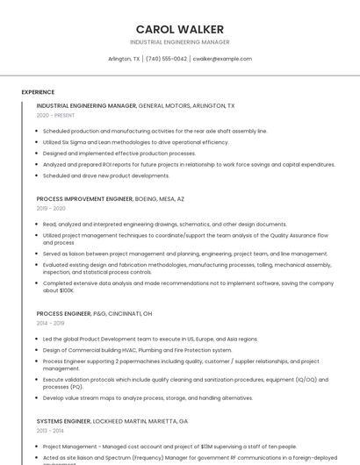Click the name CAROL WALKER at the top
point(180,29)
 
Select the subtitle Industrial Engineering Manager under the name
point(180,42)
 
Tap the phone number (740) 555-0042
point(166,59)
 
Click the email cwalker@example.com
point(222,59)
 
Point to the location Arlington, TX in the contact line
point(124,59)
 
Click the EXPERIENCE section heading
point(38,92)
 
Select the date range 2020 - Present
point(55,115)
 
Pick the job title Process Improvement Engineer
point(84,199)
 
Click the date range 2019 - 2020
point(51,209)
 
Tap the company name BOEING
point(147,199)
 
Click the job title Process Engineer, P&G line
point(63,313)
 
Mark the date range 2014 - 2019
point(50,323)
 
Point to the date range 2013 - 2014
point(50,431)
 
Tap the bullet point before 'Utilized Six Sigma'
point(39,142)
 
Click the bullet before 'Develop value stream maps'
point(39,397)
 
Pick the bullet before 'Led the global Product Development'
point(39,339)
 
